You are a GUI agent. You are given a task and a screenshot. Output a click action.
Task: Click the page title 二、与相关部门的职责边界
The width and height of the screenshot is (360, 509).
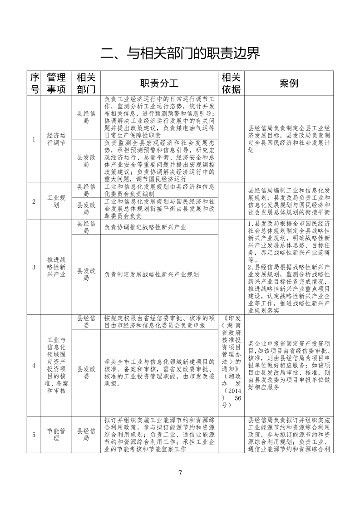180,54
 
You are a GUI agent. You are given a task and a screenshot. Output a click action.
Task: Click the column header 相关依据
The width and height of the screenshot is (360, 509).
231,83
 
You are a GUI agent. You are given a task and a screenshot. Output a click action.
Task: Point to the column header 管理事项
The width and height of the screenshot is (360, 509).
57,83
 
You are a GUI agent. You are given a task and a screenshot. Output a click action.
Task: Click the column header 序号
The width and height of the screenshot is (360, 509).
34,83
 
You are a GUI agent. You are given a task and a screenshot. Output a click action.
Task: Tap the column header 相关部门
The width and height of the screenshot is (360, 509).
86,83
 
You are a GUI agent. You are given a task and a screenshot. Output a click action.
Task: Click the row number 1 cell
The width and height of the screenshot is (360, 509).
34,139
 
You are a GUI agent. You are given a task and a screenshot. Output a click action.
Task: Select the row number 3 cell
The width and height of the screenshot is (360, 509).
34,267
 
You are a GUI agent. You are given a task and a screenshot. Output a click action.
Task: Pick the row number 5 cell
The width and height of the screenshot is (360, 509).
34,435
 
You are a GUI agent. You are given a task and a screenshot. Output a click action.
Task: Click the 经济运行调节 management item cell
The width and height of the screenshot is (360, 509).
57,139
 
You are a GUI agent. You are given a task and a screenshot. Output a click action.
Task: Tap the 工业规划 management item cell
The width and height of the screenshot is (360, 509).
57,201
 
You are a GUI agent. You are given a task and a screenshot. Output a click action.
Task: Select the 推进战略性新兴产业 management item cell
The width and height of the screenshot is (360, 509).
57,267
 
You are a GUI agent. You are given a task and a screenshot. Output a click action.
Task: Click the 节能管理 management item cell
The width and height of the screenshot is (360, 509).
57,435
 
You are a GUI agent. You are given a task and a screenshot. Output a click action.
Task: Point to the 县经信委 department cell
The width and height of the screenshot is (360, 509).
86,322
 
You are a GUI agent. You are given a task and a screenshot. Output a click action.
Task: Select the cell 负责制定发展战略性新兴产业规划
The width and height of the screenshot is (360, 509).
151,274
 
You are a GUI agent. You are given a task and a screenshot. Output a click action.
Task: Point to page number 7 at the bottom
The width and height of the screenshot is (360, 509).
180,473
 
